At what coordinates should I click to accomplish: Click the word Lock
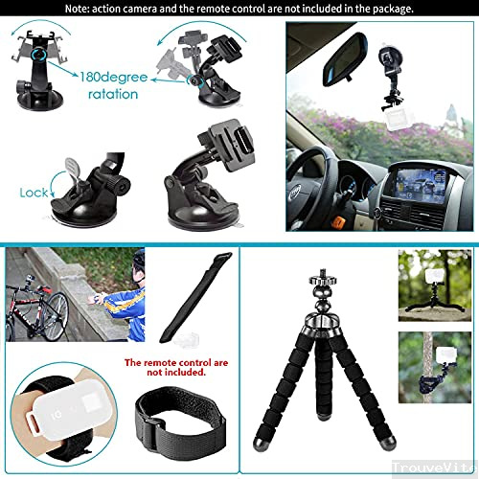[34, 193]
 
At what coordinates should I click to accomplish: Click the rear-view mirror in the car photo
[340, 71]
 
